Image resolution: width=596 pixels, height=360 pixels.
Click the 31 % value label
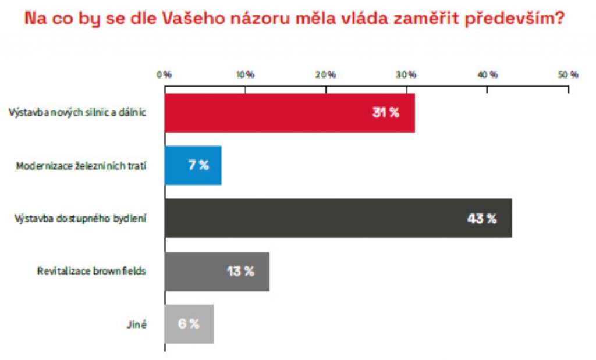pyautogui.click(x=386, y=112)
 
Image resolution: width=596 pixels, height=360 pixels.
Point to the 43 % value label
pyautogui.click(x=482, y=219)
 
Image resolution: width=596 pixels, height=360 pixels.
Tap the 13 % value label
pyautogui.click(x=240, y=271)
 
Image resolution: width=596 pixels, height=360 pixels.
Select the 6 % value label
pyautogui.click(x=189, y=324)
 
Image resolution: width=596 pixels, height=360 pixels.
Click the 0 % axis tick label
pyautogui.click(x=164, y=75)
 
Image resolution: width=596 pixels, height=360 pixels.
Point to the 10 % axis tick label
pyautogui.click(x=245, y=75)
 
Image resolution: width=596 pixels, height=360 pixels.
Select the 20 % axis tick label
pyautogui.click(x=326, y=75)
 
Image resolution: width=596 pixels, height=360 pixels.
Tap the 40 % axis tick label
pyautogui.click(x=487, y=75)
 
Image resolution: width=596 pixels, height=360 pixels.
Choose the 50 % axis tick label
pyautogui.click(x=568, y=75)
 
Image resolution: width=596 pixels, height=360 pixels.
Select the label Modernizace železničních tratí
pyautogui.click(x=80, y=166)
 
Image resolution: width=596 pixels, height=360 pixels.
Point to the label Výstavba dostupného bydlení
pyautogui.click(x=80, y=219)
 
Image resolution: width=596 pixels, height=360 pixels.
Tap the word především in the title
pyautogui.click(x=513, y=19)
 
